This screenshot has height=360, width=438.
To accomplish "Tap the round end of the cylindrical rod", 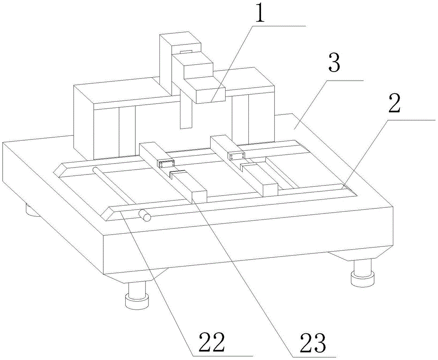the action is pyautogui.click(x=144, y=215).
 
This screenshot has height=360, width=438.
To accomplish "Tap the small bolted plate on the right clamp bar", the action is pyautogui.click(x=236, y=156).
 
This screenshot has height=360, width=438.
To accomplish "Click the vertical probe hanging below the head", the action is pyautogui.click(x=186, y=112).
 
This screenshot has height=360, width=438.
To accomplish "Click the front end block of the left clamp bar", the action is pyautogui.click(x=199, y=194).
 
